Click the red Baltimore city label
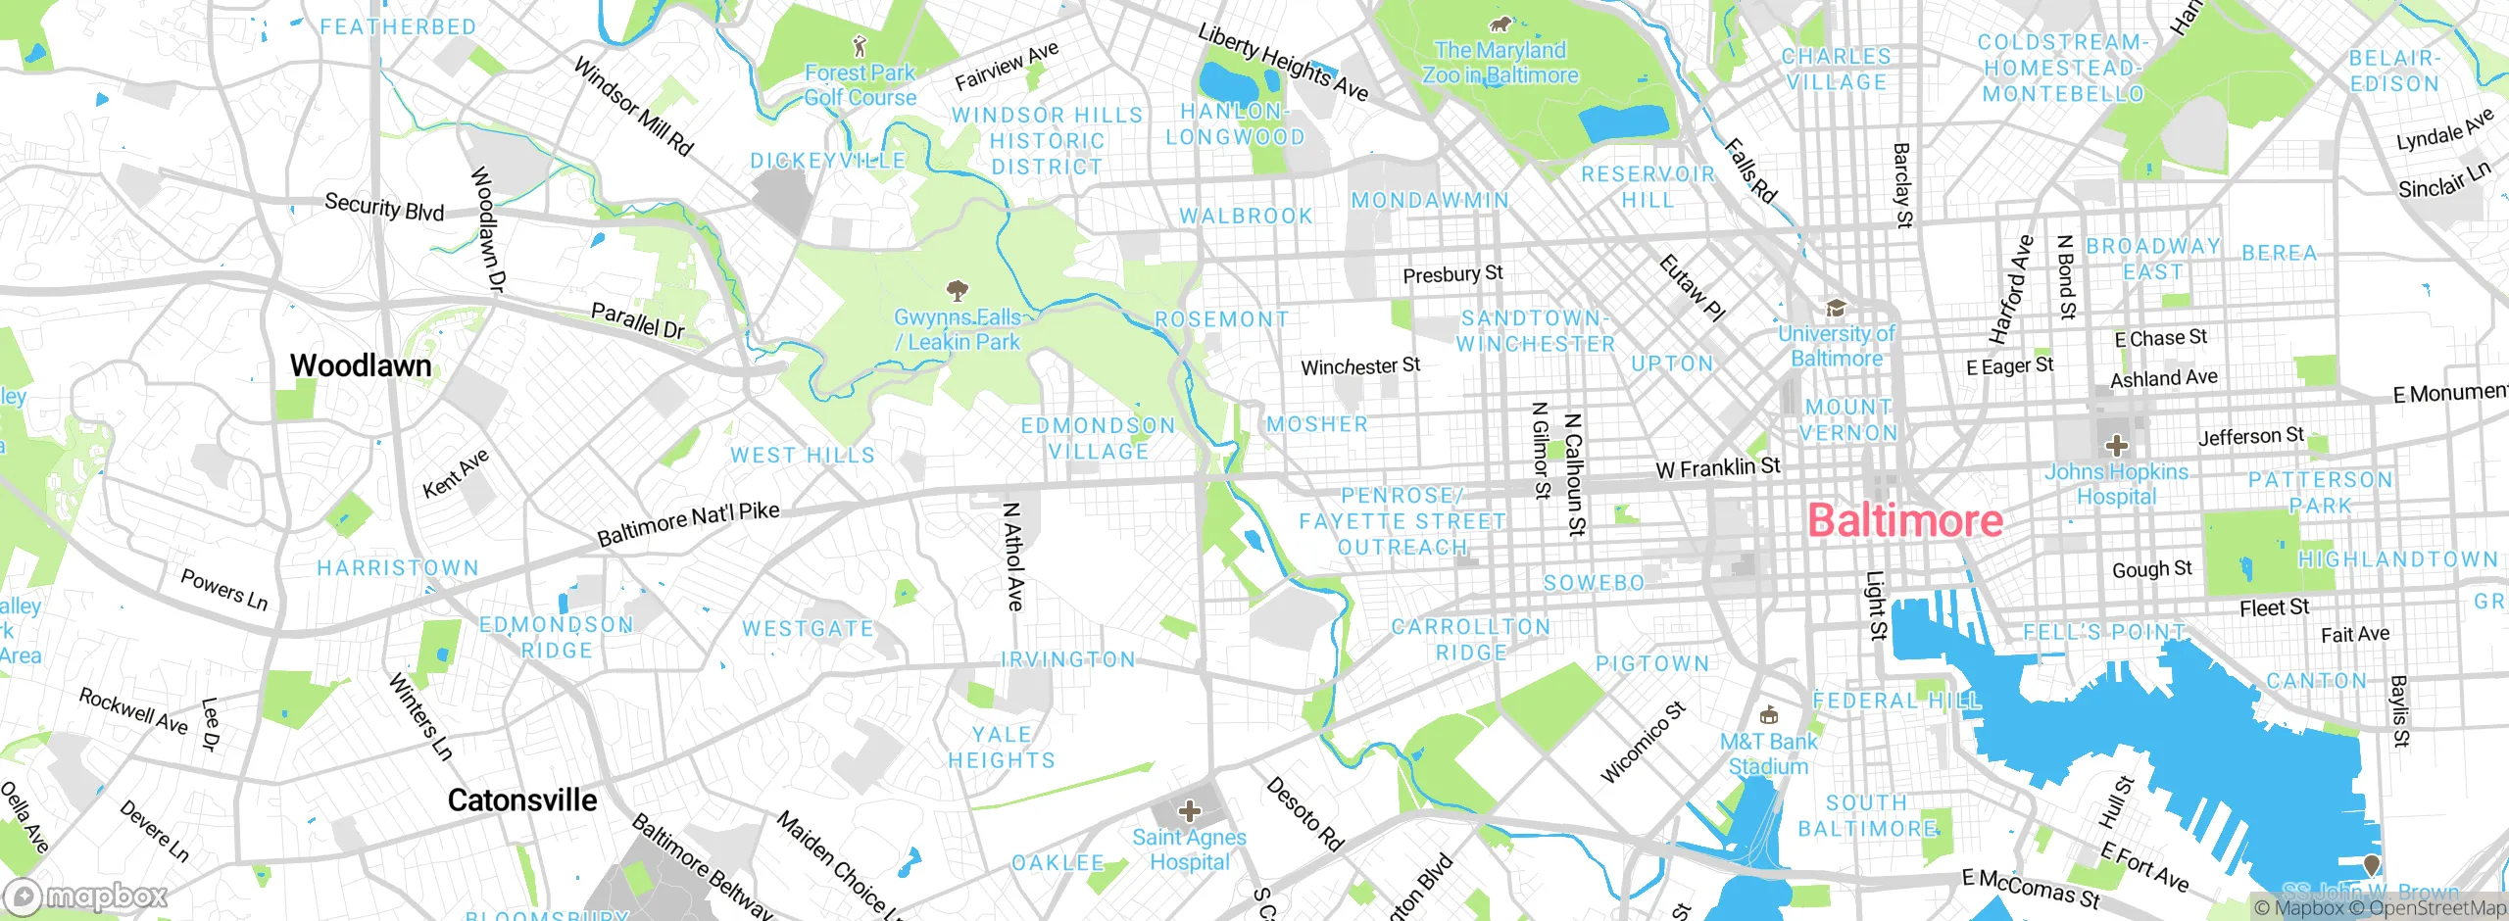[1904, 520]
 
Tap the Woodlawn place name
[361, 365]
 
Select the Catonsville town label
[521, 800]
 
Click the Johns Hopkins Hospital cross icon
[2116, 446]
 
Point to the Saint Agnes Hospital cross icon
[1189, 811]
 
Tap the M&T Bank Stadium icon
[1768, 715]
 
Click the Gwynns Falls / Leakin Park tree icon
[957, 290]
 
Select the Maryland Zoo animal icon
[1499, 24]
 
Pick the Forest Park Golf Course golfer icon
[860, 45]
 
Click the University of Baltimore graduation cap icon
[1835, 309]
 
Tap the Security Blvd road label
[384, 207]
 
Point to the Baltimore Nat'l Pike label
[688, 523]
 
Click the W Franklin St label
[1717, 467]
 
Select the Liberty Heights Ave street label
[1282, 62]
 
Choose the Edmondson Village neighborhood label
[1098, 438]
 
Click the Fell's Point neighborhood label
[2104, 632]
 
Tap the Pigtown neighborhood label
[1652, 663]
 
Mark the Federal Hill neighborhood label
[1896, 701]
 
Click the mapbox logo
[86, 897]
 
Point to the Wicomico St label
[1643, 742]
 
